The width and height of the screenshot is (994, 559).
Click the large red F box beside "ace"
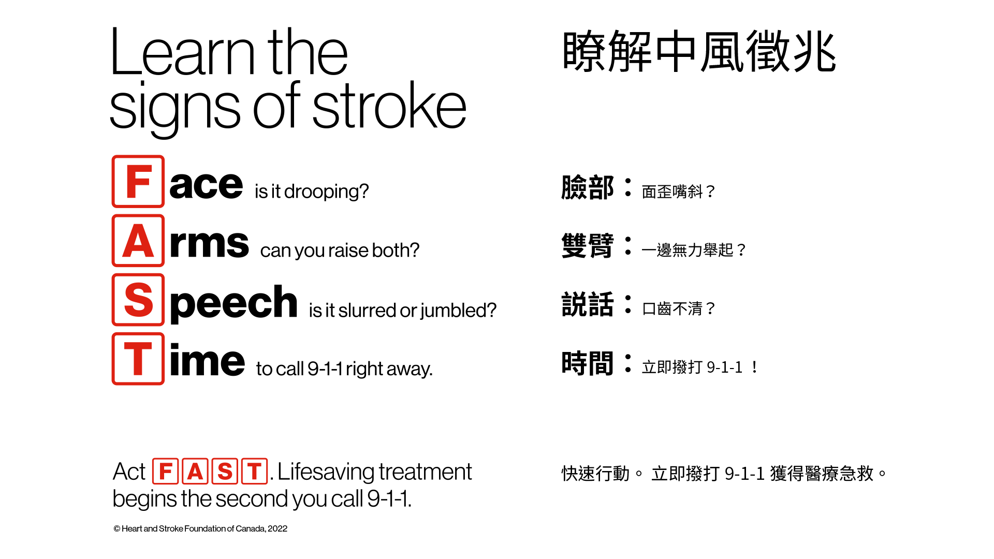click(138, 182)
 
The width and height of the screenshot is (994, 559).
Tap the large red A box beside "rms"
click(138, 241)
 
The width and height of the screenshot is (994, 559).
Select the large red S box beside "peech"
click(138, 300)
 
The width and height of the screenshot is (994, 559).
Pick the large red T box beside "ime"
click(138, 359)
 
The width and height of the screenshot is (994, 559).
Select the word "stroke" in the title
click(389, 106)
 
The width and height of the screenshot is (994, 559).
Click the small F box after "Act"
click(166, 472)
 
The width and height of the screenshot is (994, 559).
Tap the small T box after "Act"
click(254, 472)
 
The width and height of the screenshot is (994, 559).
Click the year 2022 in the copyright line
click(277, 528)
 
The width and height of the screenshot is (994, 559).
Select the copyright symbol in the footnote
click(117, 528)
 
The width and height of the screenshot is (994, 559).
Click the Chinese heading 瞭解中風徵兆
click(699, 51)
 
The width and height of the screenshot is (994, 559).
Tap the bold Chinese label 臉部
click(588, 187)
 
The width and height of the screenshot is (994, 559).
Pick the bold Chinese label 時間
click(588, 363)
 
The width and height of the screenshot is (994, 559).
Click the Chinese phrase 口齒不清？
click(679, 309)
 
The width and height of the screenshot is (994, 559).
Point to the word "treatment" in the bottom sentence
click(425, 472)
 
